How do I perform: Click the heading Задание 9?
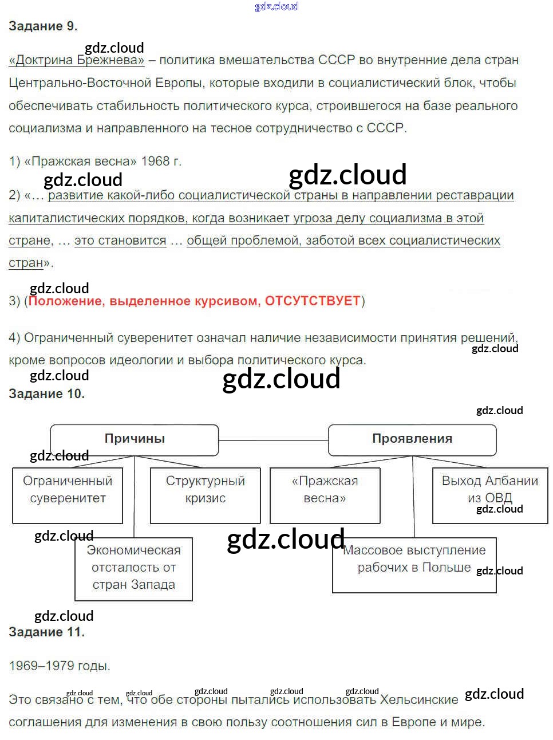coord(43,26)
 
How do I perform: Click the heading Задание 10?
coord(46,394)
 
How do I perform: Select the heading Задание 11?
coord(46,632)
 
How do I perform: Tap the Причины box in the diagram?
coord(135,439)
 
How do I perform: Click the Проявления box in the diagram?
coord(412,439)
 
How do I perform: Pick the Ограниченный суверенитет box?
coord(68,495)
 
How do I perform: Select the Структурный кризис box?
coord(205,495)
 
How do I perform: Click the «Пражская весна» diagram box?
coord(325,495)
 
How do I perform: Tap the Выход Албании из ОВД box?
coord(490,495)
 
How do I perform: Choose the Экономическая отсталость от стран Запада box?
coord(133,568)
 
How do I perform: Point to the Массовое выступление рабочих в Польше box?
coord(414,565)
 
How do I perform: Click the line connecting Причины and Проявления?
coord(273,440)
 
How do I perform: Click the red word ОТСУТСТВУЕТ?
coord(313,301)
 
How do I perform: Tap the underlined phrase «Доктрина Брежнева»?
coord(77,61)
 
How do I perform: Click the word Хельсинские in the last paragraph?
coord(419,700)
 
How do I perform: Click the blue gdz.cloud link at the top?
coord(276,6)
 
